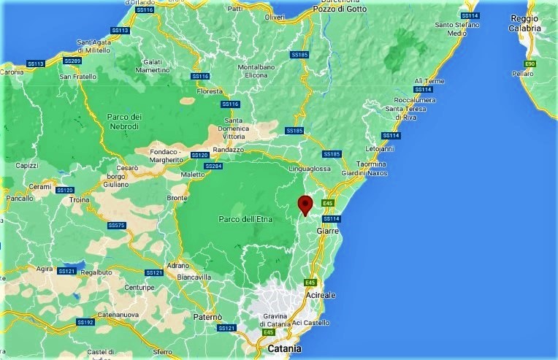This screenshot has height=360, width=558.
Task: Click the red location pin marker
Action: (306, 204)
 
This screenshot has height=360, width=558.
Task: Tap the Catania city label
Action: (284, 349)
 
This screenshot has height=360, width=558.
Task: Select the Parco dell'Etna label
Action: (243, 219)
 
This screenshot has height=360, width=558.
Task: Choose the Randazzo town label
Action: (227, 150)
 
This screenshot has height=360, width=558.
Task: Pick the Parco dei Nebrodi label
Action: (124, 121)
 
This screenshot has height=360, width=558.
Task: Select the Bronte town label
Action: (177, 198)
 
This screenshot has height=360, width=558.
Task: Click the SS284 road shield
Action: (213, 166)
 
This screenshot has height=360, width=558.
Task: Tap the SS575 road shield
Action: (117, 226)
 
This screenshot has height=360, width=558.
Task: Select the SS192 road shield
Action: (85, 322)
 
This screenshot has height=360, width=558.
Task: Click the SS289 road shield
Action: (72, 61)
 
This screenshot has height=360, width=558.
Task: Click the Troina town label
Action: (79, 199)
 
